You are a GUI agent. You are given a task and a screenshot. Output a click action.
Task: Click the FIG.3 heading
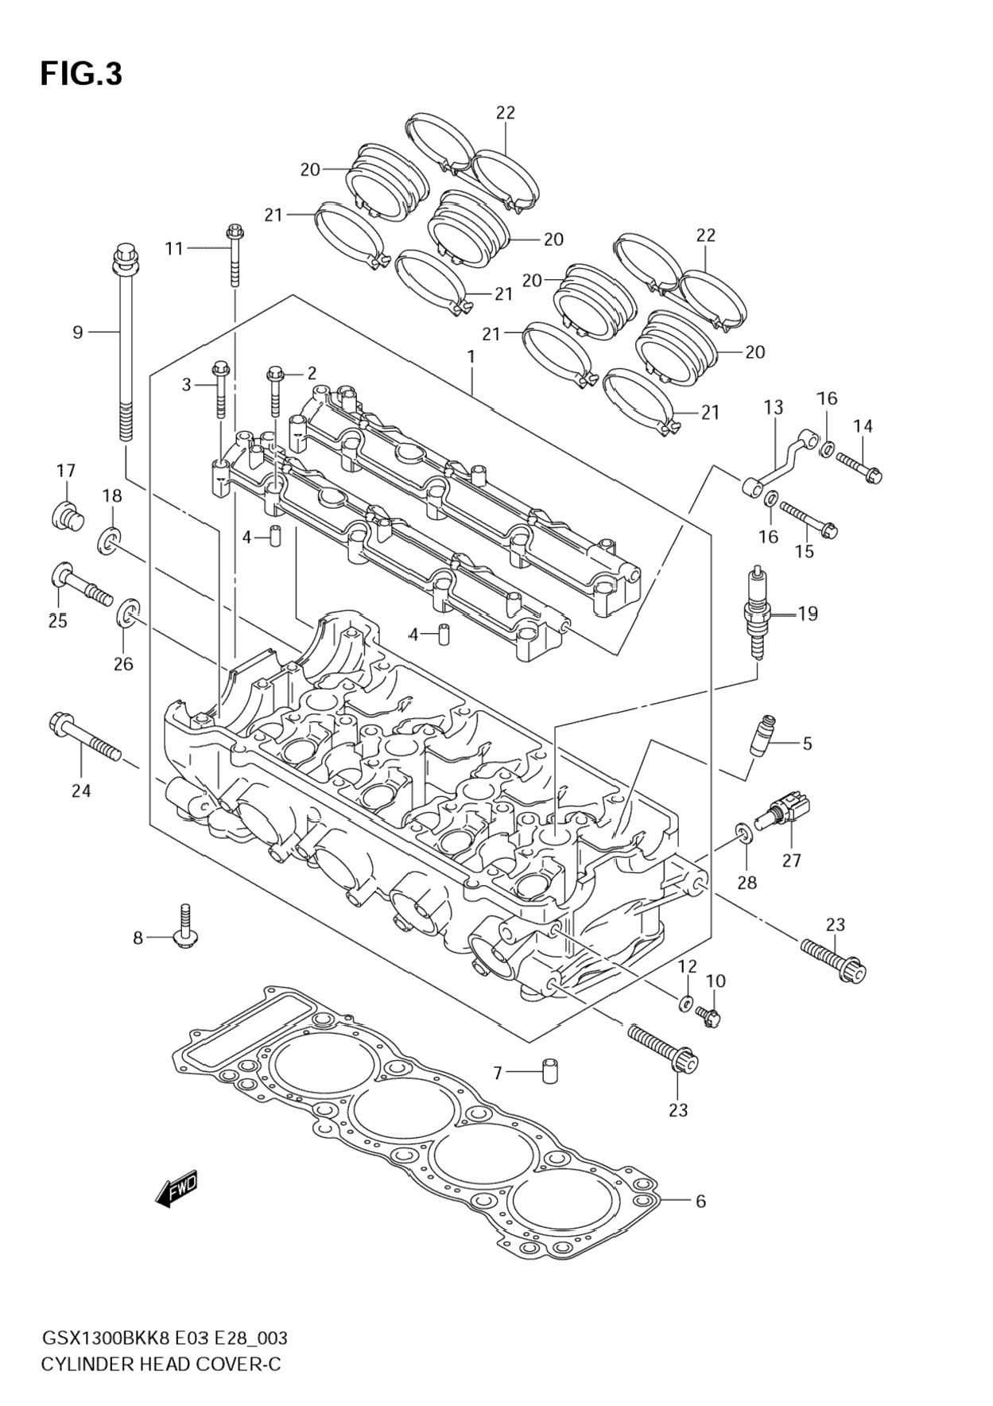[x=82, y=74]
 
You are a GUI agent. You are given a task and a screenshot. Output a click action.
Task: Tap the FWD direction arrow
[x=176, y=1190]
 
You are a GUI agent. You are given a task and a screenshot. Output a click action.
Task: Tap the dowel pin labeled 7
[x=549, y=1070]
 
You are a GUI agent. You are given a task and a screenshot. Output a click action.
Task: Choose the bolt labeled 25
[x=81, y=585]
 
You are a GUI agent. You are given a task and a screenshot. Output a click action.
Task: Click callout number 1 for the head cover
[x=471, y=356]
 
